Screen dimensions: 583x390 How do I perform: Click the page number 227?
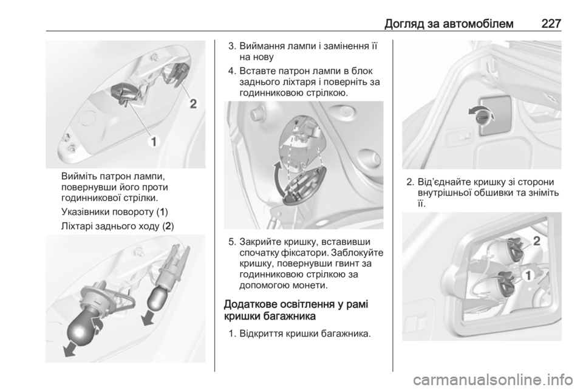pyautogui.click(x=551, y=24)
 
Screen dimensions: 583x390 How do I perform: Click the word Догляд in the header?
pyautogui.click(x=402, y=24)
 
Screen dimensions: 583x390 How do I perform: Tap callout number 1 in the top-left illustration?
pyautogui.click(x=153, y=142)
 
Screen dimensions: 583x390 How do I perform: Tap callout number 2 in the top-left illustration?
pyautogui.click(x=193, y=103)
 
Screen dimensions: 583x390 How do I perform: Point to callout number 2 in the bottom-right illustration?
pyautogui.click(x=536, y=241)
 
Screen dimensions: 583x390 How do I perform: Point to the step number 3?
pyautogui.click(x=231, y=47)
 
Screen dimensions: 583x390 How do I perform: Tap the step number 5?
pyautogui.click(x=231, y=242)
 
